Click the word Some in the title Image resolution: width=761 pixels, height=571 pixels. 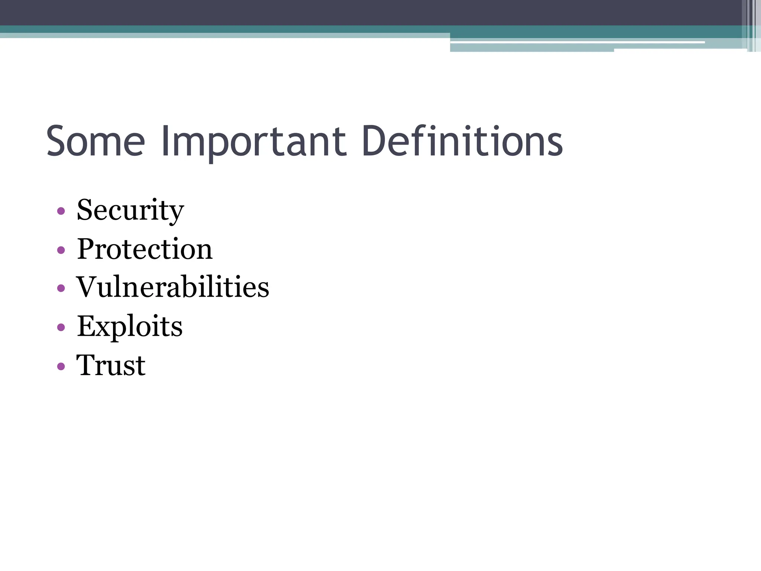pyautogui.click(x=95, y=142)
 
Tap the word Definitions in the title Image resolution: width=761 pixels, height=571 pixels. pyautogui.click(x=462, y=141)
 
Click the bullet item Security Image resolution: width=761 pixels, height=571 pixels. pyautogui.click(x=130, y=210)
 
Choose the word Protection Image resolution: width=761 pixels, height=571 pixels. pyautogui.click(x=145, y=249)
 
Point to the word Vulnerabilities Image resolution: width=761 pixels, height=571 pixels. pyautogui.click(x=173, y=287)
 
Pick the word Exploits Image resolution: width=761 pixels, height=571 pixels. pyautogui.click(x=130, y=326)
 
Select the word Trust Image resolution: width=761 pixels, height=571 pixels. pyautogui.click(x=111, y=365)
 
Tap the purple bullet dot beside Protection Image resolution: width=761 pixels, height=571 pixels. pyautogui.click(x=61, y=250)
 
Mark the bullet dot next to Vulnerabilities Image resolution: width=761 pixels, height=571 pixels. pyautogui.click(x=61, y=288)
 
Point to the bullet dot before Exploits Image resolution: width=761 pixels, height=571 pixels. pyautogui.click(x=61, y=327)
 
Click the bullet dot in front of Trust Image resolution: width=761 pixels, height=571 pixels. pyautogui.click(x=61, y=366)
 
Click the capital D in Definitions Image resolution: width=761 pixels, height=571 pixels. pyautogui.click(x=374, y=141)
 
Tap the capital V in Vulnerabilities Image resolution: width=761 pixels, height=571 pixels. pyautogui.click(x=88, y=287)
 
